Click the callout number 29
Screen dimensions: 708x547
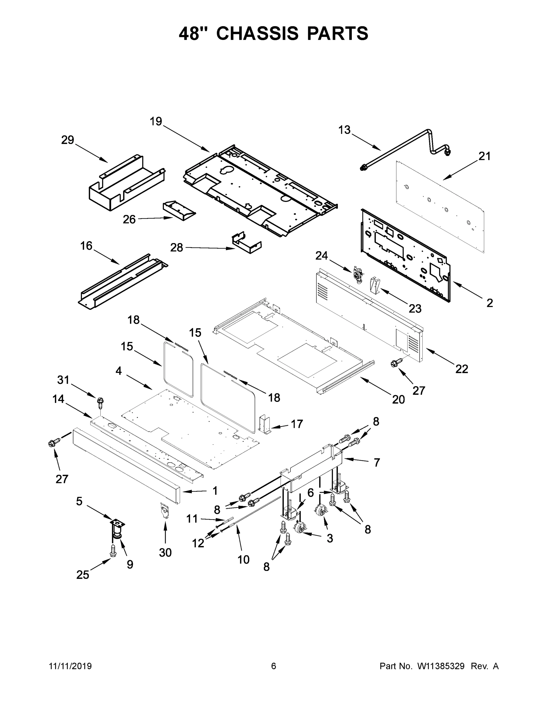pos(68,140)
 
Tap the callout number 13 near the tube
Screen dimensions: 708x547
pos(344,130)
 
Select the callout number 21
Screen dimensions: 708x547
pos(485,156)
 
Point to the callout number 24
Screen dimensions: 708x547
pos(322,256)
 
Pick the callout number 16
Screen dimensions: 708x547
pos(86,246)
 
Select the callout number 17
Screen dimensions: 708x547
pos(297,424)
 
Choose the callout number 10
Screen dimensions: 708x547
pos(244,559)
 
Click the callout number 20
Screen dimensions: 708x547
pos(398,399)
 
